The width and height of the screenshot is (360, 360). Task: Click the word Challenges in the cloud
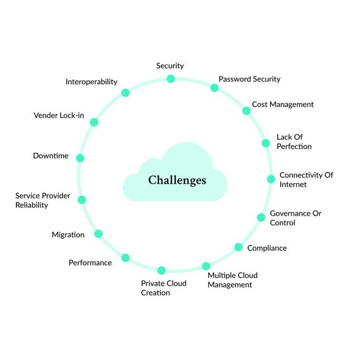177,180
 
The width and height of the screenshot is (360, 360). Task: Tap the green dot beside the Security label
170,79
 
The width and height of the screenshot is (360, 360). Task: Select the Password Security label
249,79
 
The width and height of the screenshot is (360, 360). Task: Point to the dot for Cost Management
246,110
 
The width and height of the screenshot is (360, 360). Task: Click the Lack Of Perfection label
294,141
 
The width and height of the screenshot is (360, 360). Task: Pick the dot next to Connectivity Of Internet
271,179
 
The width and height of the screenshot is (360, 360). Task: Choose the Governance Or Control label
295,218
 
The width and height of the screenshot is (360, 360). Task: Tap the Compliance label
267,248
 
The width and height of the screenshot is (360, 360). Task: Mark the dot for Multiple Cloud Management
206,266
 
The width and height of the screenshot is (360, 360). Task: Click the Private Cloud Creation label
163,288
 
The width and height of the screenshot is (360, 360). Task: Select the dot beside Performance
125,258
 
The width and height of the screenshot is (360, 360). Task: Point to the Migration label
68,235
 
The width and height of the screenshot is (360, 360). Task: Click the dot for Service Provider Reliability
82,200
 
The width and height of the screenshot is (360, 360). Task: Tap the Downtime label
50,156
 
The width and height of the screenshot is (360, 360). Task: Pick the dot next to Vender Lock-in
94,122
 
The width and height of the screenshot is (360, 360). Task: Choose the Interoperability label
91,81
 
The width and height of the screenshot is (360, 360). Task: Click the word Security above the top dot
170,66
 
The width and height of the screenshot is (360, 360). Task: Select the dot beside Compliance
238,247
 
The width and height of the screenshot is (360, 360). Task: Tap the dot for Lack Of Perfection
266,143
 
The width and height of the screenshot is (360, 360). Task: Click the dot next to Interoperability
125,92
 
